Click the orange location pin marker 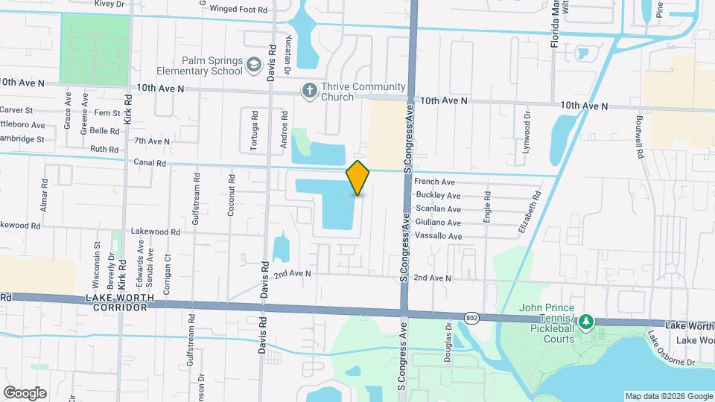(x=358, y=178)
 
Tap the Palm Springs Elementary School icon (x=254, y=66)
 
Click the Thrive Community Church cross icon (x=309, y=91)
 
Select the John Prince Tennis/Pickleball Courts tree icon (x=587, y=322)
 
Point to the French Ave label (x=434, y=182)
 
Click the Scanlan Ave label (x=438, y=209)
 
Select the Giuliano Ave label (x=438, y=223)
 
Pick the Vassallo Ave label (x=439, y=237)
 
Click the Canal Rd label (x=150, y=162)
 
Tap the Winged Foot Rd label (x=238, y=10)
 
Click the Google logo (x=25, y=392)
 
